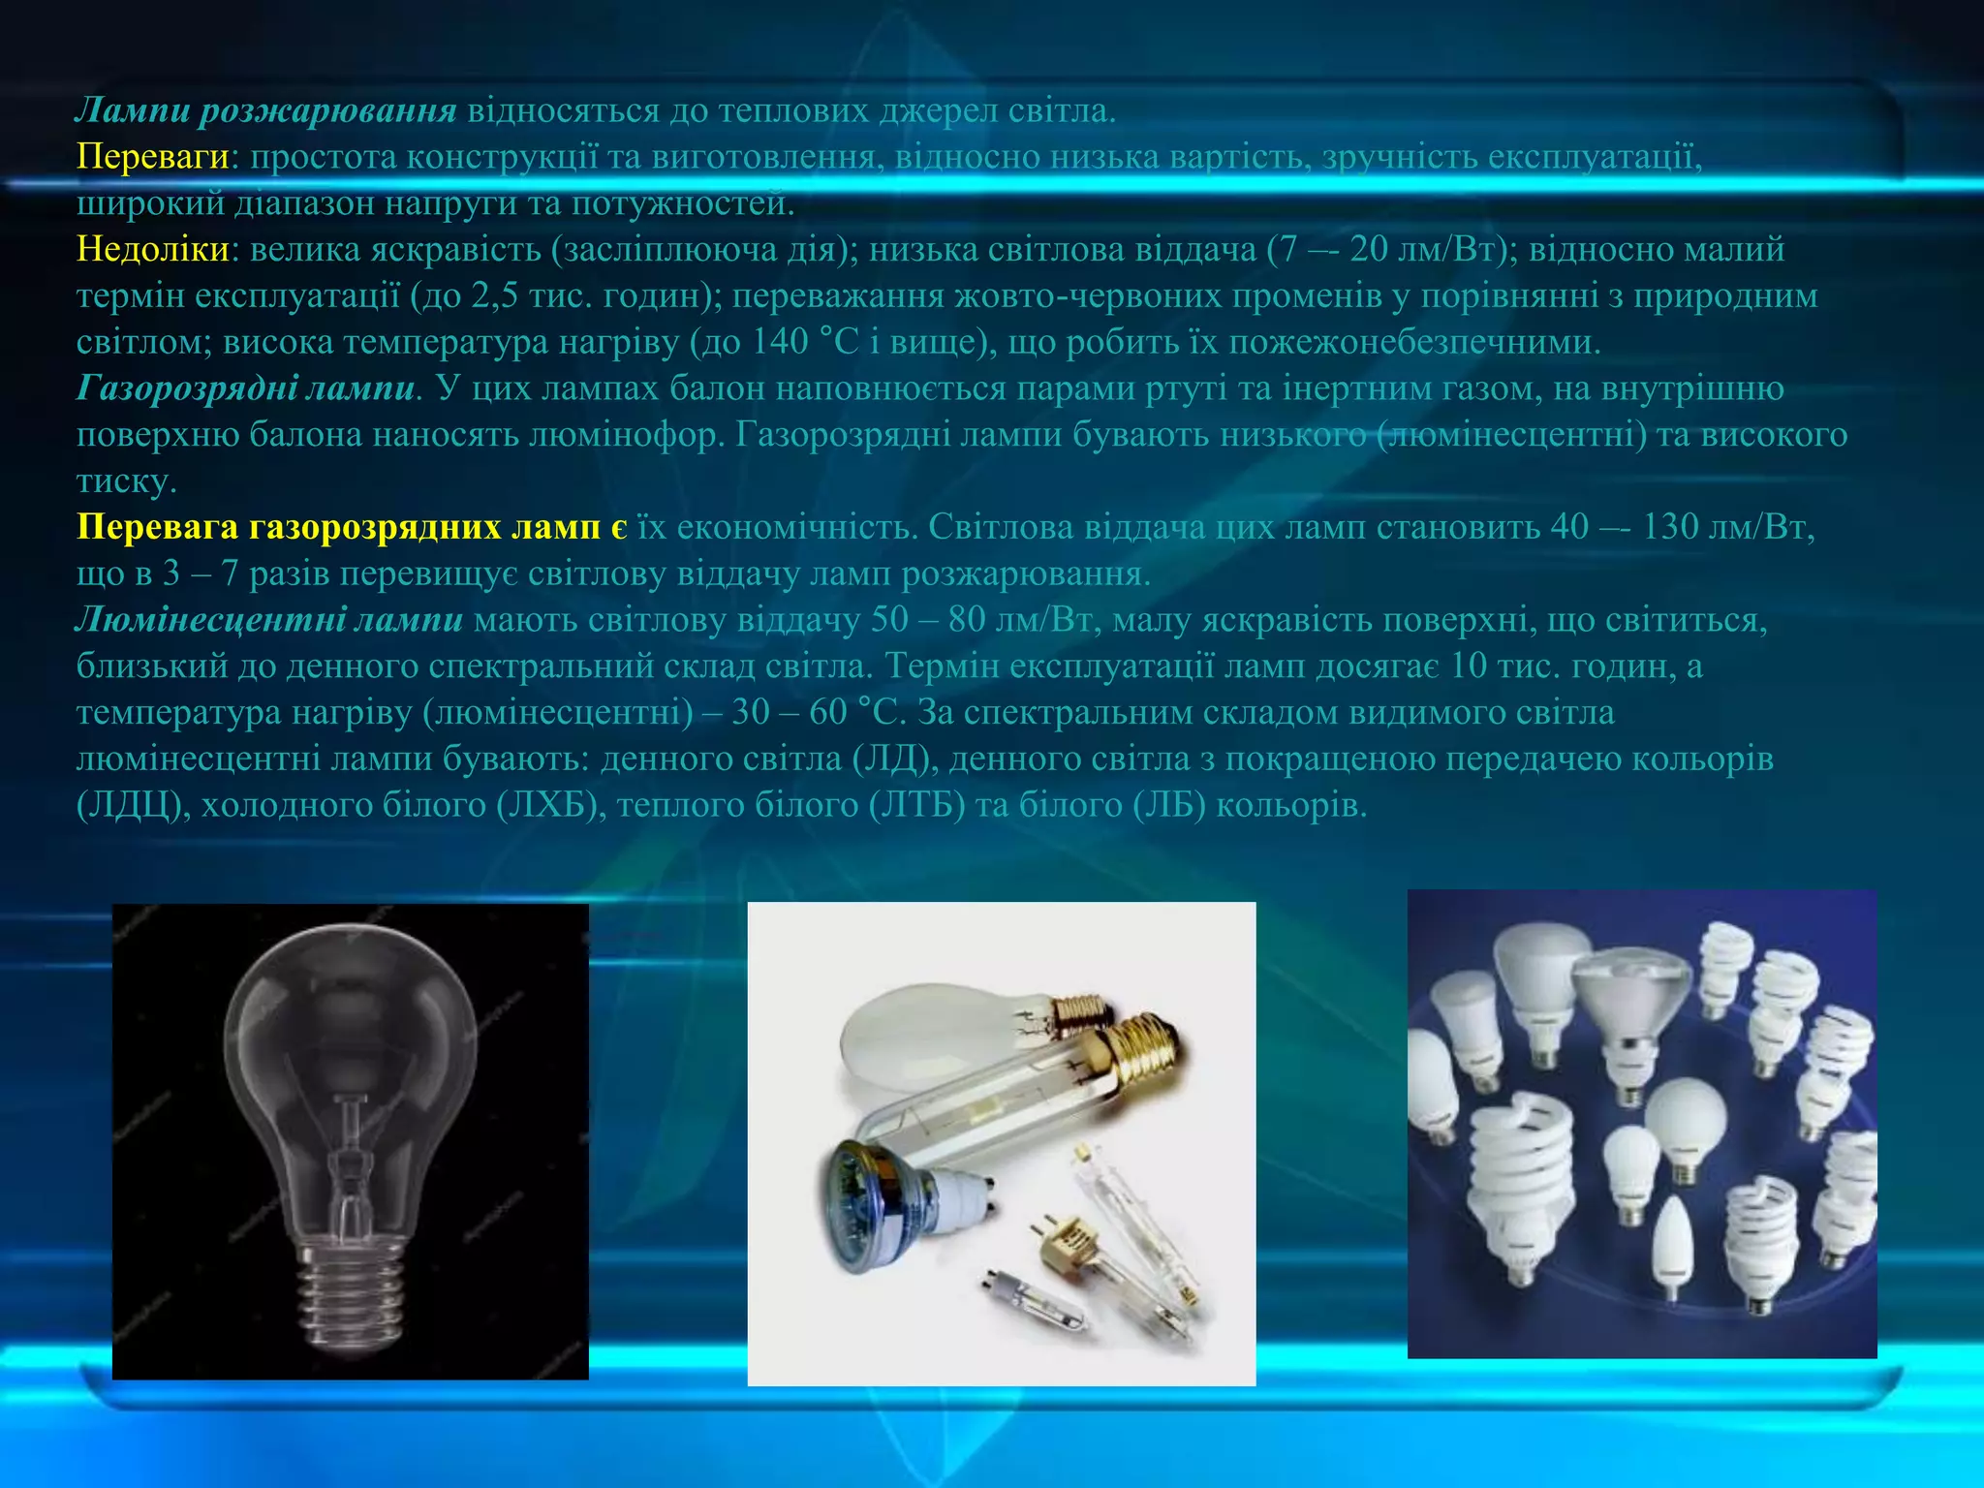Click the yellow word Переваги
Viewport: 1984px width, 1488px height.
[153, 157]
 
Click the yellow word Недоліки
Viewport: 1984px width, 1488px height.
[153, 250]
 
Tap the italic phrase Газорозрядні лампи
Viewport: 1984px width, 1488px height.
[246, 388]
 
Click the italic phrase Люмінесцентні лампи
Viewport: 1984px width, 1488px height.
[269, 620]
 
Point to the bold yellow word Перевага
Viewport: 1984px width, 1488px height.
[158, 527]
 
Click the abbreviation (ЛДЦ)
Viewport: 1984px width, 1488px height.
[133, 806]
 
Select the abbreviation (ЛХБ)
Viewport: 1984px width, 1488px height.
[547, 806]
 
